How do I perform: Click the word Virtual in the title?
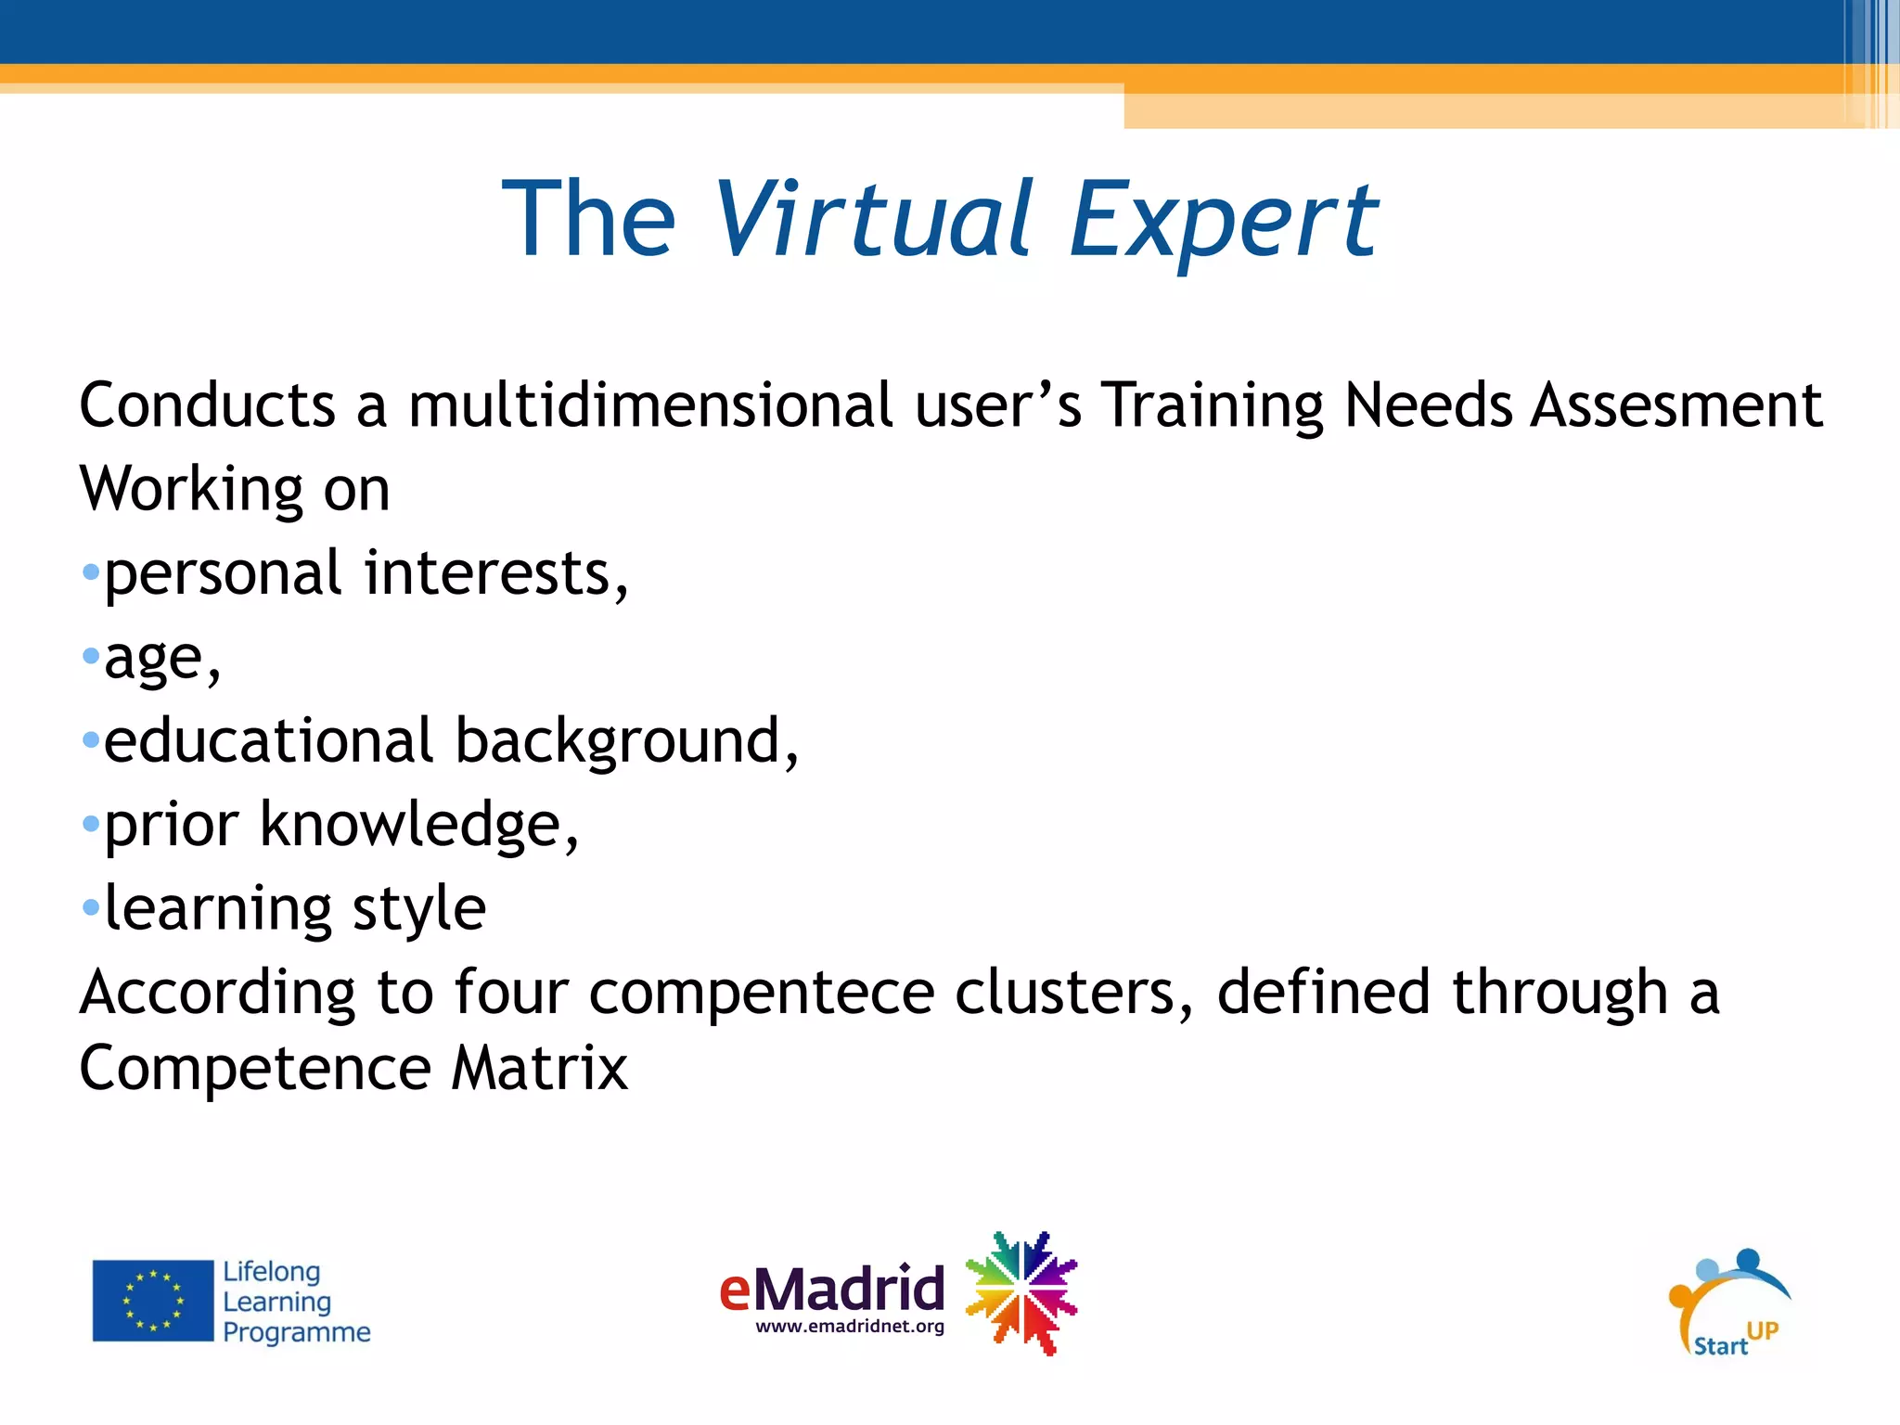872,219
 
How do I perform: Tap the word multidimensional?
649,405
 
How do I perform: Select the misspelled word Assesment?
1675,405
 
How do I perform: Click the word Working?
191,490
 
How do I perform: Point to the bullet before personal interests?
90,572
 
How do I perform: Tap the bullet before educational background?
90,740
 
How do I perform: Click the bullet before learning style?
90,907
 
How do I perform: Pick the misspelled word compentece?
761,993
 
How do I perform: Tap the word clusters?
1067,993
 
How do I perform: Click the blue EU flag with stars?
153,1301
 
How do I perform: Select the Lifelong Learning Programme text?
295,1301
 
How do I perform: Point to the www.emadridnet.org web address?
850,1327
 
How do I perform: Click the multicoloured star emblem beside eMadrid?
1021,1292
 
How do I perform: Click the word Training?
1212,405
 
